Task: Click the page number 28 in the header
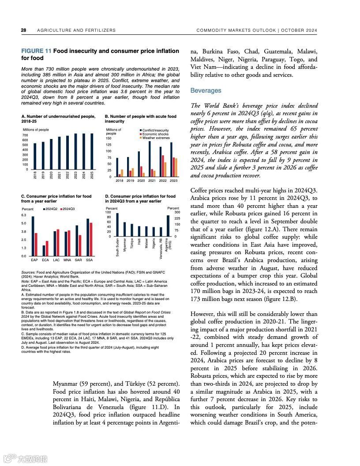pos(23,30)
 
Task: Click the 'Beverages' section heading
pos(206,90)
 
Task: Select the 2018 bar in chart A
pos(35,156)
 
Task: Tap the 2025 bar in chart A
pos(92,151)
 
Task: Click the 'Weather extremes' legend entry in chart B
pos(155,138)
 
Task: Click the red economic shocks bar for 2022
pos(162,166)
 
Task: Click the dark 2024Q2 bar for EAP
pos(33,236)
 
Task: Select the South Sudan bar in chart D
pos(117,225)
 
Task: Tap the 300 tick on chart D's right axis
pos(177,213)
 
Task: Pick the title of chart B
pos(140,119)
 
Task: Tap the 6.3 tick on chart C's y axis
pos(24,215)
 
